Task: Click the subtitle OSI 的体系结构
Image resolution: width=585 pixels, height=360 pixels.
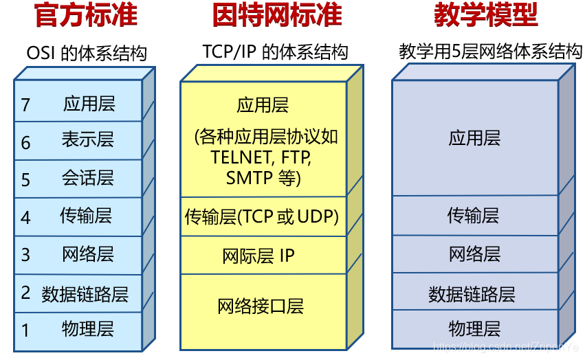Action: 87,53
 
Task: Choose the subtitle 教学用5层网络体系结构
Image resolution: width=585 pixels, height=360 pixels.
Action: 490,52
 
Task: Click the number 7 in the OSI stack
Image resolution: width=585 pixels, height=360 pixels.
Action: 26,104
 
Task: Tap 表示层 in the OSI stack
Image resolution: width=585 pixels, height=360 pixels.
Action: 88,140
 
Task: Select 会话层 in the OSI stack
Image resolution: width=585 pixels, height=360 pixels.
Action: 88,179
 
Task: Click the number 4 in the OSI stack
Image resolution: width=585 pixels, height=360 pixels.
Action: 26,218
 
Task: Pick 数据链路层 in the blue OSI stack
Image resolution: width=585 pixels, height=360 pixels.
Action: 85,295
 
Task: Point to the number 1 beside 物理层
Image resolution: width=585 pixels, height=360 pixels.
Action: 26,330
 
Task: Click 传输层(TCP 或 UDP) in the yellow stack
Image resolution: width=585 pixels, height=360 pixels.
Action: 262,217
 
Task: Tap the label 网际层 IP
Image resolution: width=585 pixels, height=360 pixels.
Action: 258,256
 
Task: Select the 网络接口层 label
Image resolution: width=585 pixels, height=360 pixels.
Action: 261,306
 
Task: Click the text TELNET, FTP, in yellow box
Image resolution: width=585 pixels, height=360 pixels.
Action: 261,157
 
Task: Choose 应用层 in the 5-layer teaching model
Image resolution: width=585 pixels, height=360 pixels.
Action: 474,138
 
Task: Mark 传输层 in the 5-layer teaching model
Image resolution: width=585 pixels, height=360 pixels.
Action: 474,216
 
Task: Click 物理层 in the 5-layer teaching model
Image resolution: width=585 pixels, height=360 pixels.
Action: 474,328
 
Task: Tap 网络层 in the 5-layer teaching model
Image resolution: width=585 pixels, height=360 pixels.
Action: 474,254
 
